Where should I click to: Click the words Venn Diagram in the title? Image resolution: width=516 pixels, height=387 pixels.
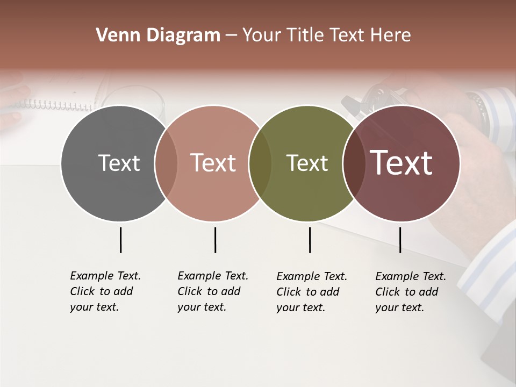158,35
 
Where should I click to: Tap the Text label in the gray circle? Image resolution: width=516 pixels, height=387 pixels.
119,163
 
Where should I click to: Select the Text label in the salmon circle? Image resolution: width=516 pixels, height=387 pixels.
213,163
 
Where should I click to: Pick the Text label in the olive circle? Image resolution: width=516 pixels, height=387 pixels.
307,163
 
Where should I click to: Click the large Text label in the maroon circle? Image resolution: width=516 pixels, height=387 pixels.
402,163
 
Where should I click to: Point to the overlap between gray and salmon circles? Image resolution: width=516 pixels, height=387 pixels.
166,163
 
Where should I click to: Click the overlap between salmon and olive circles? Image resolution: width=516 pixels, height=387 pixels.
260,163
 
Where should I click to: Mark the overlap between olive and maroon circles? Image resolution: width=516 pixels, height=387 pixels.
354,163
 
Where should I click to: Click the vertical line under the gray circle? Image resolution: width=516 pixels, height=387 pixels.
120,240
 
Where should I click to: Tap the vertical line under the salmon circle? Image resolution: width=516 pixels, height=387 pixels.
215,240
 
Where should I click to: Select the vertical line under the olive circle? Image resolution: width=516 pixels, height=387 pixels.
310,240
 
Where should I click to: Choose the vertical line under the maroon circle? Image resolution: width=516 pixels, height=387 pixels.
400,240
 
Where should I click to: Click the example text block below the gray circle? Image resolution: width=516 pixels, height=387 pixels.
105,291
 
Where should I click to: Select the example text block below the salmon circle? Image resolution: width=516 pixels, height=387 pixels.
212,291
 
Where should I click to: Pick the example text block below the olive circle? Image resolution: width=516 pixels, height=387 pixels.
311,292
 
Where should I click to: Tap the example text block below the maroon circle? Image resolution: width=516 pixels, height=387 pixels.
410,292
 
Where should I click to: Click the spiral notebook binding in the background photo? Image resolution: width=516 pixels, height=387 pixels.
59,104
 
